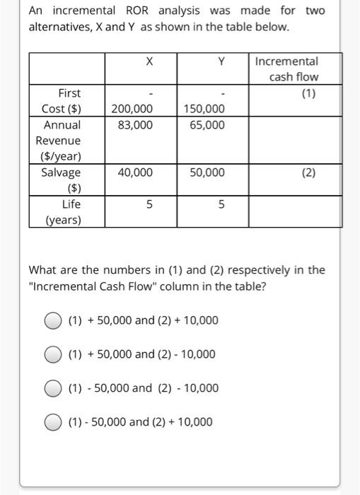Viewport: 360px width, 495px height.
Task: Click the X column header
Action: point(149,62)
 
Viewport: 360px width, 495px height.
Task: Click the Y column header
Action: point(221,62)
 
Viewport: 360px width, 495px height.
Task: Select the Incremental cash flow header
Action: point(296,69)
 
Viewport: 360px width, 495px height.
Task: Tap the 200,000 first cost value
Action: point(132,109)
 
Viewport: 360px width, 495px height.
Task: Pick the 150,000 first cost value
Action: point(204,109)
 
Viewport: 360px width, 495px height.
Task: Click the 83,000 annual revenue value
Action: point(132,125)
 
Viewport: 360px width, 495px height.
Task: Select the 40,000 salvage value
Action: point(132,173)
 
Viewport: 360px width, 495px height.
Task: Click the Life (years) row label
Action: point(64,211)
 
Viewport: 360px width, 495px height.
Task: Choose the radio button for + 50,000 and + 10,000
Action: point(54,321)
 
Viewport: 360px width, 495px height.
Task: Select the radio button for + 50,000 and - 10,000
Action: point(54,354)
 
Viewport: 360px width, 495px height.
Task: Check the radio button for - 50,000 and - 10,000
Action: point(54,388)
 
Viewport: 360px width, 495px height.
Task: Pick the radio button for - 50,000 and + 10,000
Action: point(54,422)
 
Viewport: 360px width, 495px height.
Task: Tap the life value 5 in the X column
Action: point(149,204)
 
